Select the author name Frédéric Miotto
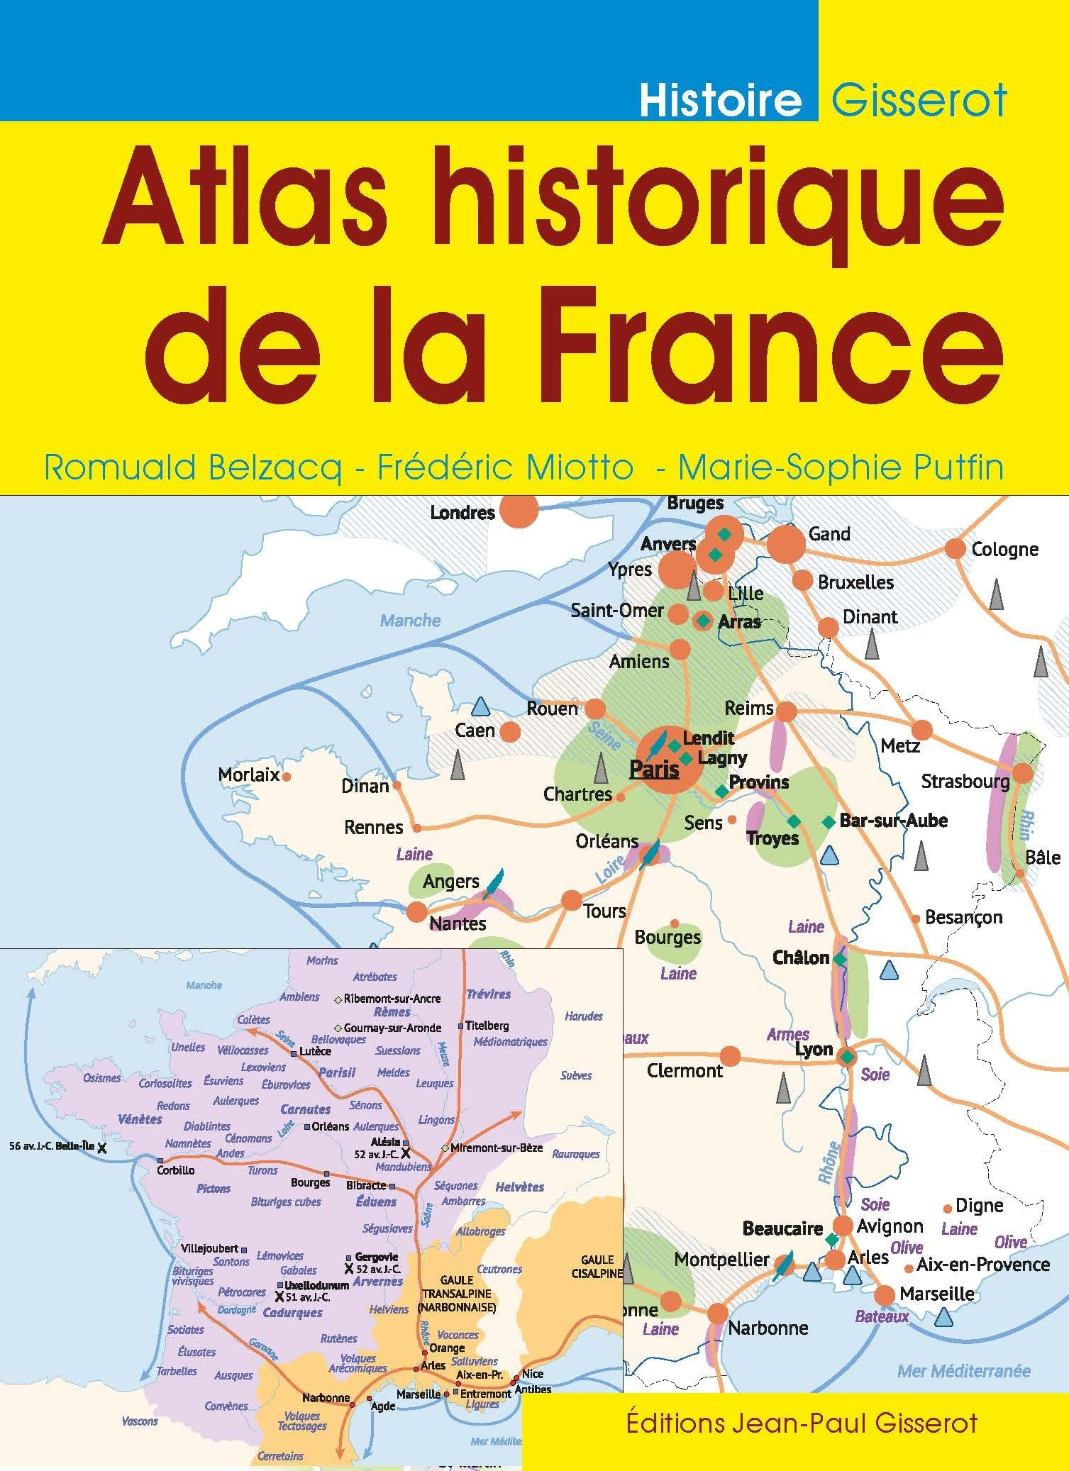tap(505, 468)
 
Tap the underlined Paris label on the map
tap(654, 769)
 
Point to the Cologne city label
tap(1004, 549)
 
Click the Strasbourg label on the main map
tap(965, 781)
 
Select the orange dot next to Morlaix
tap(287, 777)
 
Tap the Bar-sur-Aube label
tap(893, 821)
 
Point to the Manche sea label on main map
tap(410, 621)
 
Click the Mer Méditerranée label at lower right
tap(963, 1370)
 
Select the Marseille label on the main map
tap(936, 1294)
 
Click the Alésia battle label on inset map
tap(390, 1142)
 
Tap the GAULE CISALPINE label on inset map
tap(597, 1266)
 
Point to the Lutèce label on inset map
tap(314, 1051)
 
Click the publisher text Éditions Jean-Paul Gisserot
tap(802, 1421)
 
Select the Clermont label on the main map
tap(685, 1070)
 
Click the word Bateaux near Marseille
tap(882, 1316)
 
